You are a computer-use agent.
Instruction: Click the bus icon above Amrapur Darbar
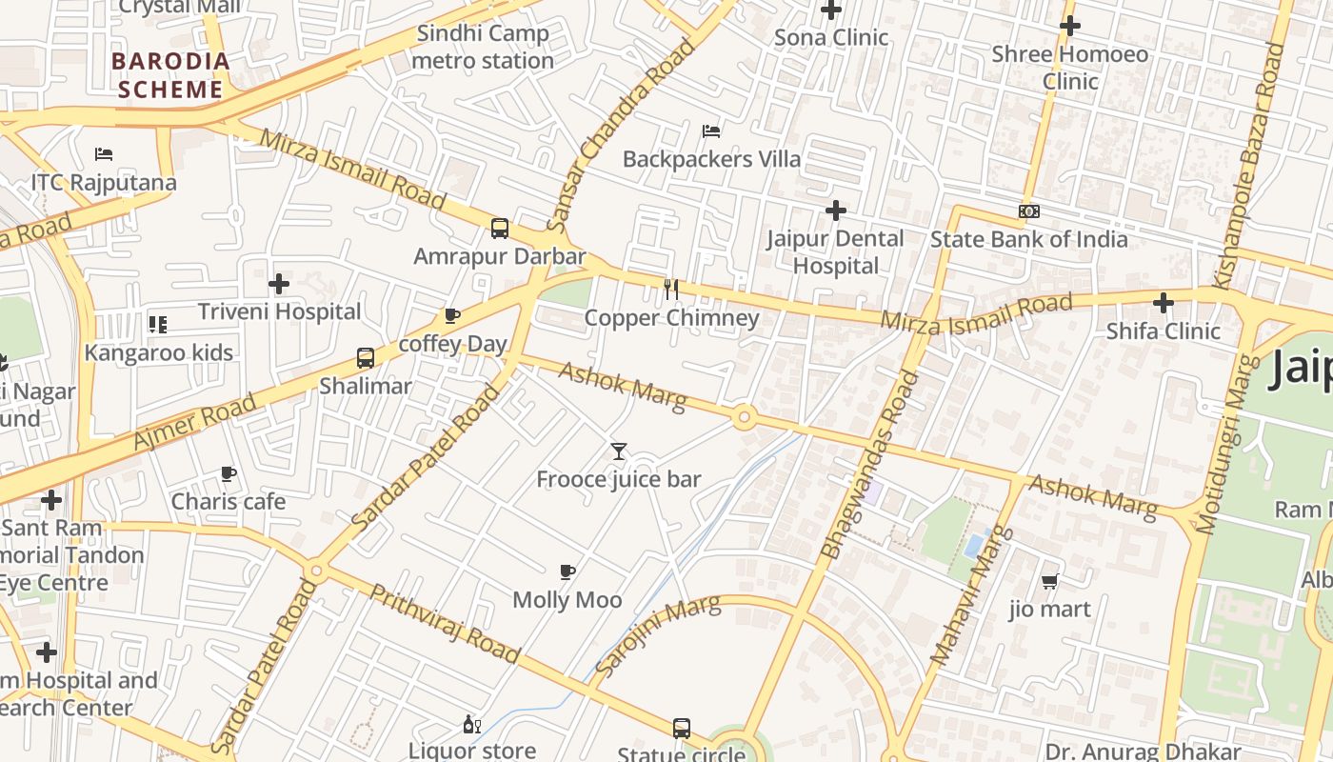[500, 229]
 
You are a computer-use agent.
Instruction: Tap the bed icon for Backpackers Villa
[710, 131]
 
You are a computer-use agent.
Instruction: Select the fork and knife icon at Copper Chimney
[671, 290]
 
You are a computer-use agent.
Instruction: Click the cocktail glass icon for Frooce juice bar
[619, 451]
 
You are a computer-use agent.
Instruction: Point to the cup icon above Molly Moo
[567, 571]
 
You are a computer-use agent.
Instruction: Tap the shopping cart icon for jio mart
[1049, 581]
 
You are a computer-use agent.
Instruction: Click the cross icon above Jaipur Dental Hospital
[836, 210]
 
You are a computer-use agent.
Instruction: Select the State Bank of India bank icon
[1028, 211]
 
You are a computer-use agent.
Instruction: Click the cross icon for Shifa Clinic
[1163, 303]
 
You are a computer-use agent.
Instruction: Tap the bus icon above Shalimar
[366, 358]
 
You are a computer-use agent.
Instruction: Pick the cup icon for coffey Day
[452, 315]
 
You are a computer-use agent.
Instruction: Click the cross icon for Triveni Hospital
[279, 284]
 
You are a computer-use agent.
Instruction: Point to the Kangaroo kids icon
[158, 325]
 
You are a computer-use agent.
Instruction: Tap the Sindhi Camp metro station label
[483, 48]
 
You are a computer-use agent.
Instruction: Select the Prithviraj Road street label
[444, 624]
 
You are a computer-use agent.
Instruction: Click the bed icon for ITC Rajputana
[104, 154]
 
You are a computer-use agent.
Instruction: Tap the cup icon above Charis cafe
[228, 473]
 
